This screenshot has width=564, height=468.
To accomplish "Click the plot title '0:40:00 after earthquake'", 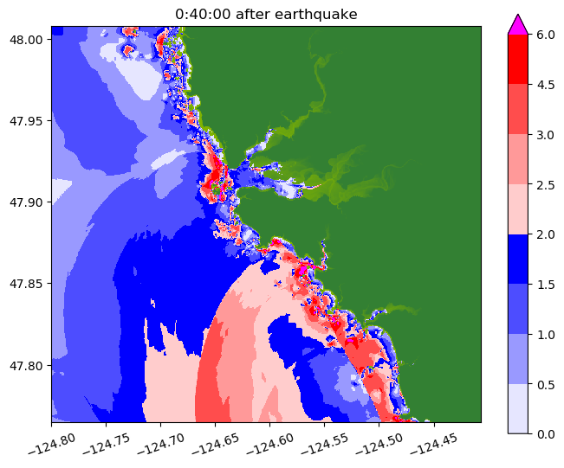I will click(266, 14).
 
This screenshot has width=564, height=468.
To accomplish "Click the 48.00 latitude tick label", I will click(28, 39).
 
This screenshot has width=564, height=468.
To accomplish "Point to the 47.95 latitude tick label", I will click(28, 120).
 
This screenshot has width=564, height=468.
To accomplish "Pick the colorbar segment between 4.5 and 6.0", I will click(517, 59).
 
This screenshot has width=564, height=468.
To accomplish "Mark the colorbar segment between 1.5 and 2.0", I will click(517, 259).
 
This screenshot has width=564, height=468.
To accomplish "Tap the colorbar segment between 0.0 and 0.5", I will click(517, 407).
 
